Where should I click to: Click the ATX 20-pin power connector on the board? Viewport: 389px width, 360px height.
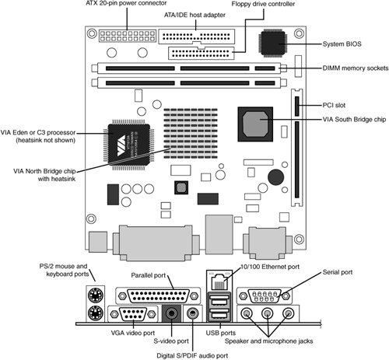[x=128, y=36]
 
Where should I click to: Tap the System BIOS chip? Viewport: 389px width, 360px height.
[x=273, y=44]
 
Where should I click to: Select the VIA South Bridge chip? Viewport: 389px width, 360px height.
[x=255, y=124]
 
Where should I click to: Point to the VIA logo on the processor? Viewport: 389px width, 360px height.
[x=121, y=146]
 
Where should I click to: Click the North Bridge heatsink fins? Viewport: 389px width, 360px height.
[x=191, y=134]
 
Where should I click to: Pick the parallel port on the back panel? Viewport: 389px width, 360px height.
[x=158, y=296]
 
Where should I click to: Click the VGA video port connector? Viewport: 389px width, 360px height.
[x=133, y=314]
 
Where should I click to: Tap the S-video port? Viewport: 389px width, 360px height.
[x=171, y=313]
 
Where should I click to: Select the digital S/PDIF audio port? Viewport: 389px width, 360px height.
[x=192, y=313]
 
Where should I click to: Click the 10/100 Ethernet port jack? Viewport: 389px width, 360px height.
[x=219, y=281]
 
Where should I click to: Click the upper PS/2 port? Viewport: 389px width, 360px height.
[x=95, y=295]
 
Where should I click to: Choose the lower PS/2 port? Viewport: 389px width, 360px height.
[x=95, y=313]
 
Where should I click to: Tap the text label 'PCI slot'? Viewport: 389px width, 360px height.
[x=334, y=105]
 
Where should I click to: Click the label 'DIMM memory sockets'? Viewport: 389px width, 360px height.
[x=356, y=68]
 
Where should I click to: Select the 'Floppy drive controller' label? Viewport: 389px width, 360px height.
[x=263, y=4]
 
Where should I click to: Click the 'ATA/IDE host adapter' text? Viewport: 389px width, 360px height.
[x=194, y=15]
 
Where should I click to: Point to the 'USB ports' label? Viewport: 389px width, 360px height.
[x=221, y=333]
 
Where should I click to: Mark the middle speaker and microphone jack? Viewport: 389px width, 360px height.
[x=267, y=313]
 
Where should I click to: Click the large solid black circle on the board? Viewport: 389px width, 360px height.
[x=275, y=177]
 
